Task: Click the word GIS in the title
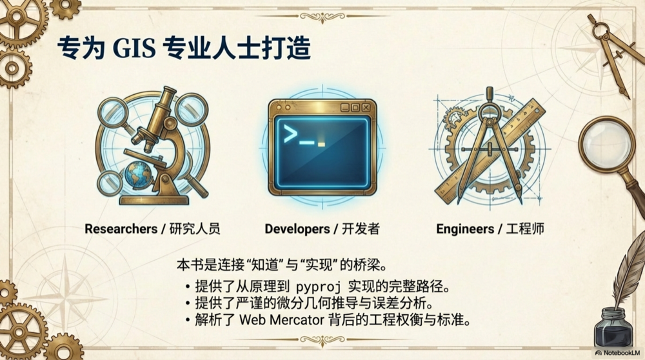coord(134,48)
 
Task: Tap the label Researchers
coord(121,229)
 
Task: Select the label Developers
coord(297,229)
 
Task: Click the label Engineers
coord(464,229)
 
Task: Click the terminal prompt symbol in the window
coord(290,135)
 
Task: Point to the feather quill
coord(627,271)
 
